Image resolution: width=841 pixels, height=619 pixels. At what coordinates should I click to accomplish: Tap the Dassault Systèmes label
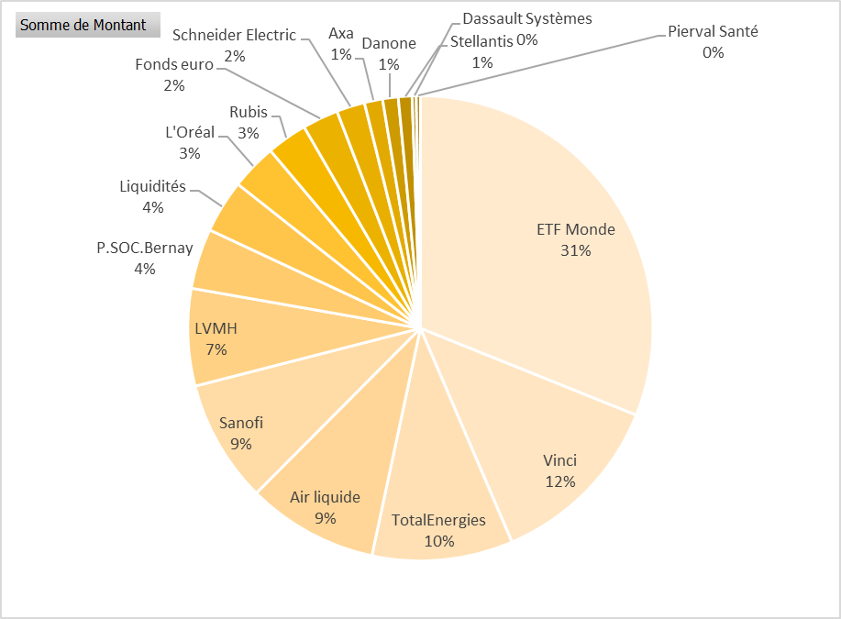point(527,18)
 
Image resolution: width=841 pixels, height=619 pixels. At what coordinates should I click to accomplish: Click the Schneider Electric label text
point(234,36)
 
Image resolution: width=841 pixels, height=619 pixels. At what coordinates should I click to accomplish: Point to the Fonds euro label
point(173,64)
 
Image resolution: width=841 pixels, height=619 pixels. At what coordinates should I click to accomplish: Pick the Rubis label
point(248,112)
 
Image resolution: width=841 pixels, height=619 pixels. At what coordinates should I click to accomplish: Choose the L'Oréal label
point(190,132)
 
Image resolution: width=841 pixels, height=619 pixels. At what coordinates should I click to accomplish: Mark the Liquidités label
point(152,187)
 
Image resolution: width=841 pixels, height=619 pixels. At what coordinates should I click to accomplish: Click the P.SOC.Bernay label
point(145,249)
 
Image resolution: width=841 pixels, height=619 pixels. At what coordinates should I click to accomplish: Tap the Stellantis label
point(481,42)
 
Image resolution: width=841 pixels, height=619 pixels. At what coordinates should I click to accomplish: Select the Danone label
point(389,43)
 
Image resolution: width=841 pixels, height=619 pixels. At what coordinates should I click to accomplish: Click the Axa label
point(341,34)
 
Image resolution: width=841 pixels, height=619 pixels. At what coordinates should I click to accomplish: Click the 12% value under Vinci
point(559,481)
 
